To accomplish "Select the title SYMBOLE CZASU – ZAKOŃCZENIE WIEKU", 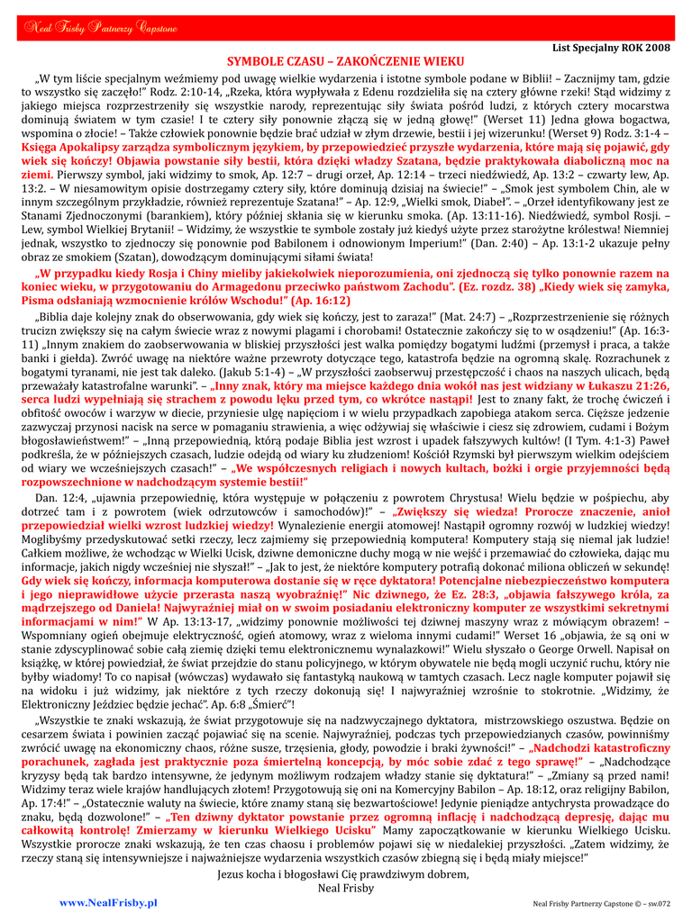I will point(345,62).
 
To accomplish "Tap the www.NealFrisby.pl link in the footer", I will point(108,902).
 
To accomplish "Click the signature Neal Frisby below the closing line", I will point(345,887).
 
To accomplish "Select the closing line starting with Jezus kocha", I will point(345,874).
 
